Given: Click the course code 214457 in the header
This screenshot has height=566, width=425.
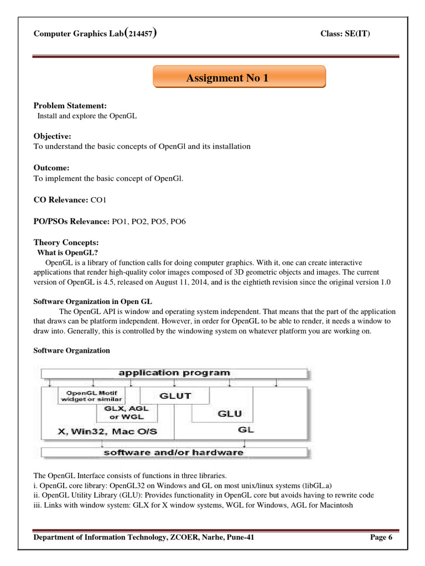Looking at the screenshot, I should [141, 34].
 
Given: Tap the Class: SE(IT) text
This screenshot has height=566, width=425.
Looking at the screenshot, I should [345, 34].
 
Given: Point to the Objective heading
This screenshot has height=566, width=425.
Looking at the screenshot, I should [53, 136].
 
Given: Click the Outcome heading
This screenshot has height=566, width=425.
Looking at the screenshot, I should [52, 167].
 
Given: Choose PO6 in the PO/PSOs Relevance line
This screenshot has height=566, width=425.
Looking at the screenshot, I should [178, 222].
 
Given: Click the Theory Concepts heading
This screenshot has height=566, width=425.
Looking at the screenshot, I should [66, 243].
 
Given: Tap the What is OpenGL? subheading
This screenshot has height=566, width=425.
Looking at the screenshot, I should [63, 253].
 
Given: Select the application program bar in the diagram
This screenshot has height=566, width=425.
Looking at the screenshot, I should [174, 373].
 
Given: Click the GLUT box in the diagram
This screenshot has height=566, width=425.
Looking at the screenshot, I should [175, 395].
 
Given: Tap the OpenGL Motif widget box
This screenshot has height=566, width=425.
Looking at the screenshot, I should [92, 396].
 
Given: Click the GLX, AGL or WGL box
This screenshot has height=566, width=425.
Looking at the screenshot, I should [127, 412].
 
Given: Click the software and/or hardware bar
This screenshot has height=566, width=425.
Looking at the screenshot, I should [174, 452].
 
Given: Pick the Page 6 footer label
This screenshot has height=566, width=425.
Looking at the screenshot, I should [381, 537].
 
